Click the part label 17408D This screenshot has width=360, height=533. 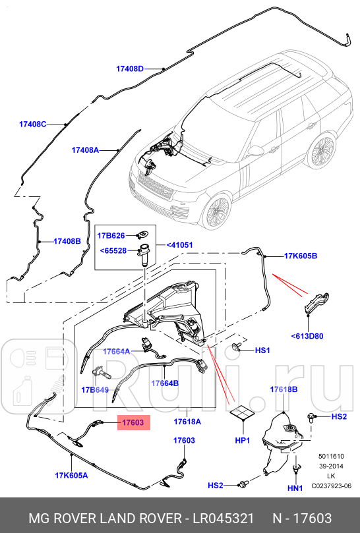point(130,68)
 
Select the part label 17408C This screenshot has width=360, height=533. point(33,124)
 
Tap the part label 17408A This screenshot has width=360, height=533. point(85,150)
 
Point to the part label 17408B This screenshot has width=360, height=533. point(67,242)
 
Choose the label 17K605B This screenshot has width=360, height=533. point(301,255)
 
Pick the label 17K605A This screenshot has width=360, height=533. point(71,474)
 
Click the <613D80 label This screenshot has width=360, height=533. point(308,335)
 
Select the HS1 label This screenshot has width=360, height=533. point(263,351)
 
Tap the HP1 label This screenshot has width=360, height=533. point(242,439)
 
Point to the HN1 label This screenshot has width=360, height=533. point(294,488)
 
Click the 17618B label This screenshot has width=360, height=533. point(284,390)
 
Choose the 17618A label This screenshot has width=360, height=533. point(187,422)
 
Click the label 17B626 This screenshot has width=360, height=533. point(111,235)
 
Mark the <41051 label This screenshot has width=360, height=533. point(179,244)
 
